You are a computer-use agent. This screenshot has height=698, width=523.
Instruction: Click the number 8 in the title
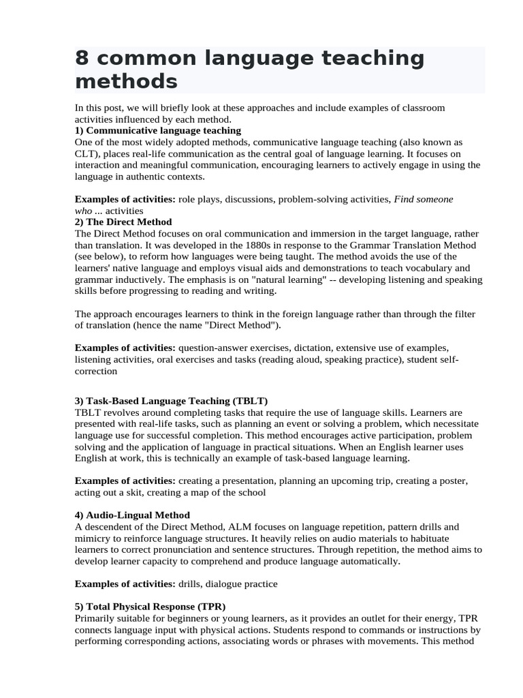[x=82, y=59]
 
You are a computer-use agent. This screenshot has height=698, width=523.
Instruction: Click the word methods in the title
[x=126, y=82]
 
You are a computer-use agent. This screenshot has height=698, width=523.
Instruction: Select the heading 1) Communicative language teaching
[x=158, y=130]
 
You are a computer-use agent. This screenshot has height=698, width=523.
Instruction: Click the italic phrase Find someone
[x=424, y=199]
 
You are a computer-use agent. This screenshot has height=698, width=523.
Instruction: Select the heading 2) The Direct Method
[x=123, y=222]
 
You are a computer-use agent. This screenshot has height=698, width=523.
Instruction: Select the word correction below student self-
[x=96, y=371]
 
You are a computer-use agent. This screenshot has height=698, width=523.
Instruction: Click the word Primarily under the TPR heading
[x=97, y=618]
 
